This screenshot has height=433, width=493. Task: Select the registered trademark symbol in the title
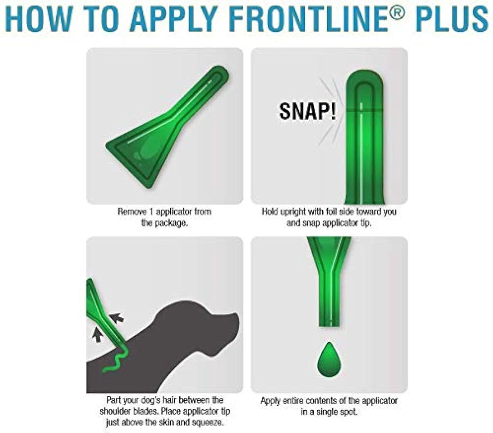coord(398,12)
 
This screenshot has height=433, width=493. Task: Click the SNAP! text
coord(307,111)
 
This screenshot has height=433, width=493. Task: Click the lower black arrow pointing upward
coord(98,334)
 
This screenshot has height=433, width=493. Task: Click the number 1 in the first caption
coord(151,212)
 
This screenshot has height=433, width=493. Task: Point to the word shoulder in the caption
coord(114,411)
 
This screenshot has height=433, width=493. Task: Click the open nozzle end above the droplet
coord(329,325)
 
